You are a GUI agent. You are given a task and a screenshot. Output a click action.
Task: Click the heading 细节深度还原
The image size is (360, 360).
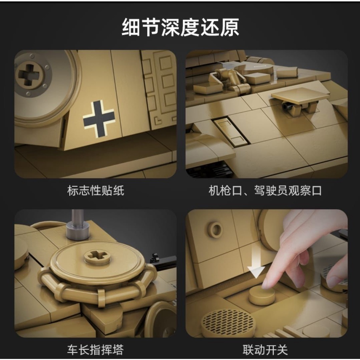(180, 27)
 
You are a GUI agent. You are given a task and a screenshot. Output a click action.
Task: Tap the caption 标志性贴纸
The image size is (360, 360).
(96, 191)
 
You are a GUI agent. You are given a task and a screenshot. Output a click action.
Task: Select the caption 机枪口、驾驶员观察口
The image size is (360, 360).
(265, 191)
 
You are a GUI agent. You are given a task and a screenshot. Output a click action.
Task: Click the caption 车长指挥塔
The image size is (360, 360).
(96, 350)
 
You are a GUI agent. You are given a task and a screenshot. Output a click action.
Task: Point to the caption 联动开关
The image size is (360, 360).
(265, 350)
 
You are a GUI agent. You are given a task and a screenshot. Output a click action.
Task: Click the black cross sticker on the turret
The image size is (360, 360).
(99, 118)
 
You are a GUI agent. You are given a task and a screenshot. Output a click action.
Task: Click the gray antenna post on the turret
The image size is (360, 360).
(77, 225)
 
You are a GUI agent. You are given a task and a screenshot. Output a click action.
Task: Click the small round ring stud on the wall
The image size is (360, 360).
(216, 229)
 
